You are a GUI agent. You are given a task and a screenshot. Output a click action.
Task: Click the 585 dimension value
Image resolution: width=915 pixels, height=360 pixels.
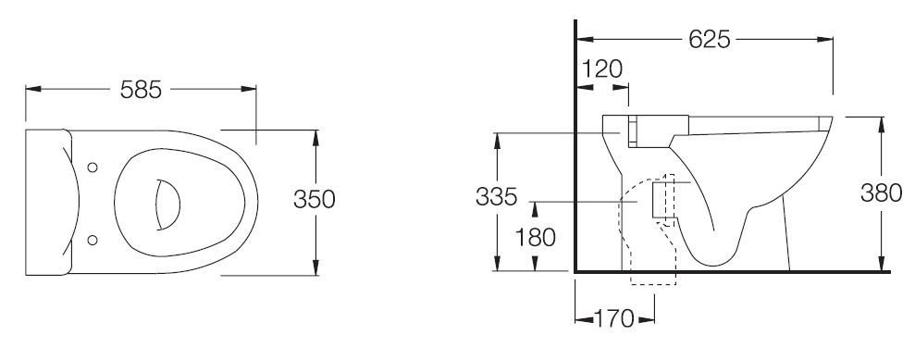pos(141,89)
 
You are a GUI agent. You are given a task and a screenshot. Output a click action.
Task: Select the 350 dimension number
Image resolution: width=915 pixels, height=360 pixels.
pos(315,199)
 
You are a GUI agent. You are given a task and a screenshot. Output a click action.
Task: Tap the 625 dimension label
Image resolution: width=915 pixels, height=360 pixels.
pos(709,39)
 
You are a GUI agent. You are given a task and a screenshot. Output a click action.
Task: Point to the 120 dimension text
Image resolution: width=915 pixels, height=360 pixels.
pos(602,68)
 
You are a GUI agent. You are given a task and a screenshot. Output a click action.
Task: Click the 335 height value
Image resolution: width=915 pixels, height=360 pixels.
pos(496,196)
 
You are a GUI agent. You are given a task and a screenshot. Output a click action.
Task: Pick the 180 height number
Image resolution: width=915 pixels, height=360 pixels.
pos(535,238)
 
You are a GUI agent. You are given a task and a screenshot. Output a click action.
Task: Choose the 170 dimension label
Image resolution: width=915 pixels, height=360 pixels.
pos(614,319)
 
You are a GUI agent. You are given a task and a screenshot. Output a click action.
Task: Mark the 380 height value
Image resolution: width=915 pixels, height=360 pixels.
pos(881,192)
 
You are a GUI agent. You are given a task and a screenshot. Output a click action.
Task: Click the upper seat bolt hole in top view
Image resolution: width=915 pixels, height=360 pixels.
pos(93,168)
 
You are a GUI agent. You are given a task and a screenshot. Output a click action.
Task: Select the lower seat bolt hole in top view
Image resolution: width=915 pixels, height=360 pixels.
pos(93,240)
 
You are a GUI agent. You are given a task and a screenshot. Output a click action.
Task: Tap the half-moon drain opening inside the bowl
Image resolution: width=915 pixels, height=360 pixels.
pos(168,205)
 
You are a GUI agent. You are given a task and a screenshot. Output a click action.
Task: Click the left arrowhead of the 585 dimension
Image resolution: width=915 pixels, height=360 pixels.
pos(33,89)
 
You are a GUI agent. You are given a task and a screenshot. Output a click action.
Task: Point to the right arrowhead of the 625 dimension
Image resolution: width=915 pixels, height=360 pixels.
pos(825,40)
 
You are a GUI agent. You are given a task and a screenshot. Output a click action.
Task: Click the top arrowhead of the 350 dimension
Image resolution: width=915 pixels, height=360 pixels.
pos(315,137)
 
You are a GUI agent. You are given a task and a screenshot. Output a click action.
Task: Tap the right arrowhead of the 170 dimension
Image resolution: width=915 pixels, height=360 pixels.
pos(647,319)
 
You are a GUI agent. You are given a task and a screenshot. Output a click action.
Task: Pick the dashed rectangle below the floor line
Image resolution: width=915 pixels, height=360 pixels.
pos(653,279)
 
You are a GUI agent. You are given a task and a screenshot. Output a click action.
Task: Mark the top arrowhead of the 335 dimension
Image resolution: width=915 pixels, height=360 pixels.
pos(497,141)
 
